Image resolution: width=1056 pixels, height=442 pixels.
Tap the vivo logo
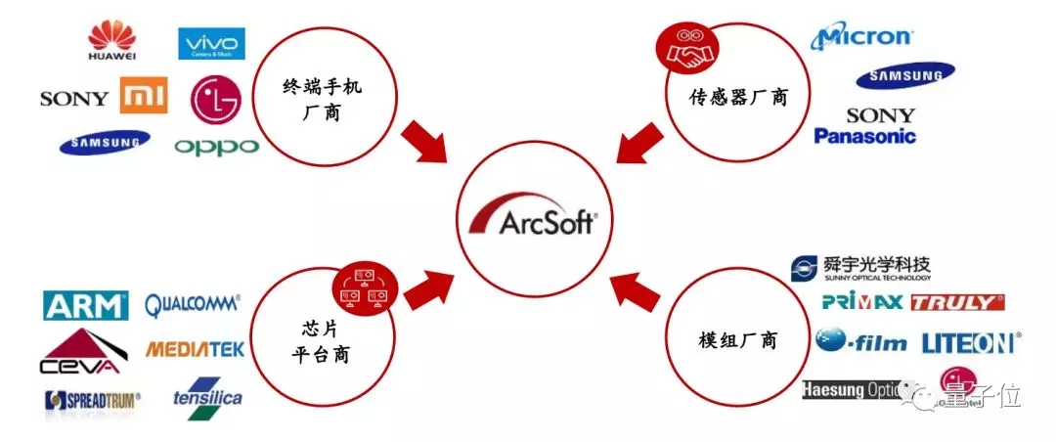211,44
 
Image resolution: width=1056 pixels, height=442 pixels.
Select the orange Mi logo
144,97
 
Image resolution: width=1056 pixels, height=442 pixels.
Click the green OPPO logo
217,148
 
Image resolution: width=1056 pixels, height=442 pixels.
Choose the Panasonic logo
865,136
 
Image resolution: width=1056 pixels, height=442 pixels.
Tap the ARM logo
86,305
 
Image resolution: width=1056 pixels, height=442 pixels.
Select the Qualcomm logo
193,305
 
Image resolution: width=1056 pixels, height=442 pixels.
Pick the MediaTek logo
195,349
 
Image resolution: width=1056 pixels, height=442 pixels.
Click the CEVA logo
81,353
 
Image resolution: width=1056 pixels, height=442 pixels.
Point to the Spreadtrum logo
93,399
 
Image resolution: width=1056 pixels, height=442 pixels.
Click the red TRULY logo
957,302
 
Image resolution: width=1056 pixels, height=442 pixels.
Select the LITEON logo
970,342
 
